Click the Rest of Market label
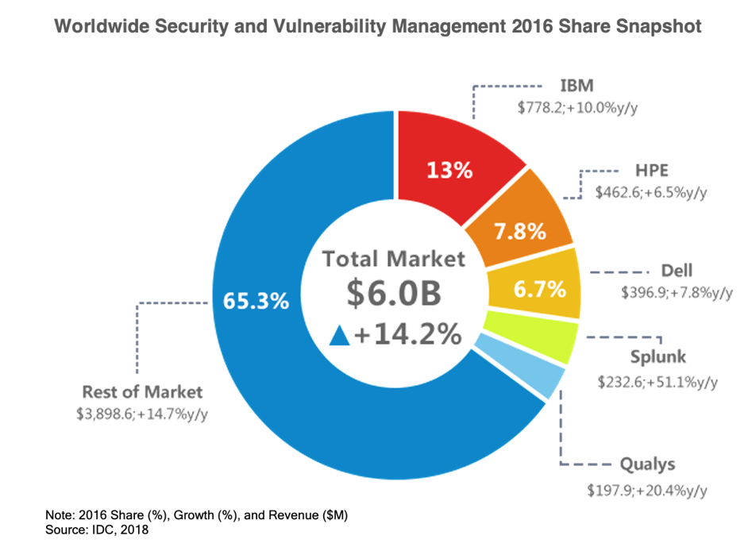pyautogui.click(x=142, y=391)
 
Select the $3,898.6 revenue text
pyautogui.click(x=109, y=414)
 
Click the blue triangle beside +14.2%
pyautogui.click(x=340, y=336)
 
